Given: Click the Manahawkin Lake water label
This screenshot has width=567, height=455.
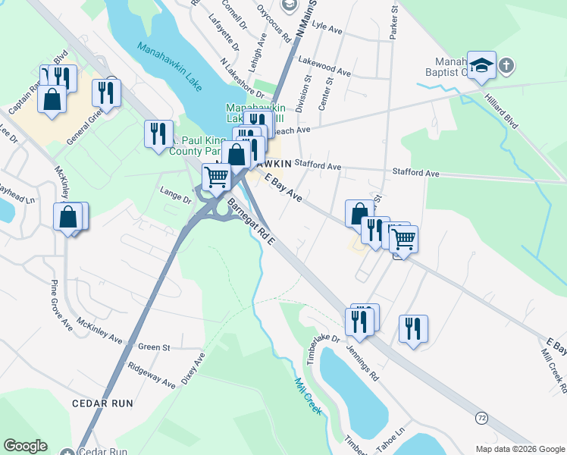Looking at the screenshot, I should point(170,67).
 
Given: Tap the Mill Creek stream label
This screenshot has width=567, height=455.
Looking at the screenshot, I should point(309,396).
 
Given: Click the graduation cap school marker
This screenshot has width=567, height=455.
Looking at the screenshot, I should point(481,66).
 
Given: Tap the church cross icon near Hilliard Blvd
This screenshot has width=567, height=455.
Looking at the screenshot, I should point(506,66).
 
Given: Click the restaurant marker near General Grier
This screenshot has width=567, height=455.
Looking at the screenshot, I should point(106,93).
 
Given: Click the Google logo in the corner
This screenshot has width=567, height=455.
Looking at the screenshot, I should point(25,446).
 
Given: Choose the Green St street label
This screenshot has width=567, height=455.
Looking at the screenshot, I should point(154,347).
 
